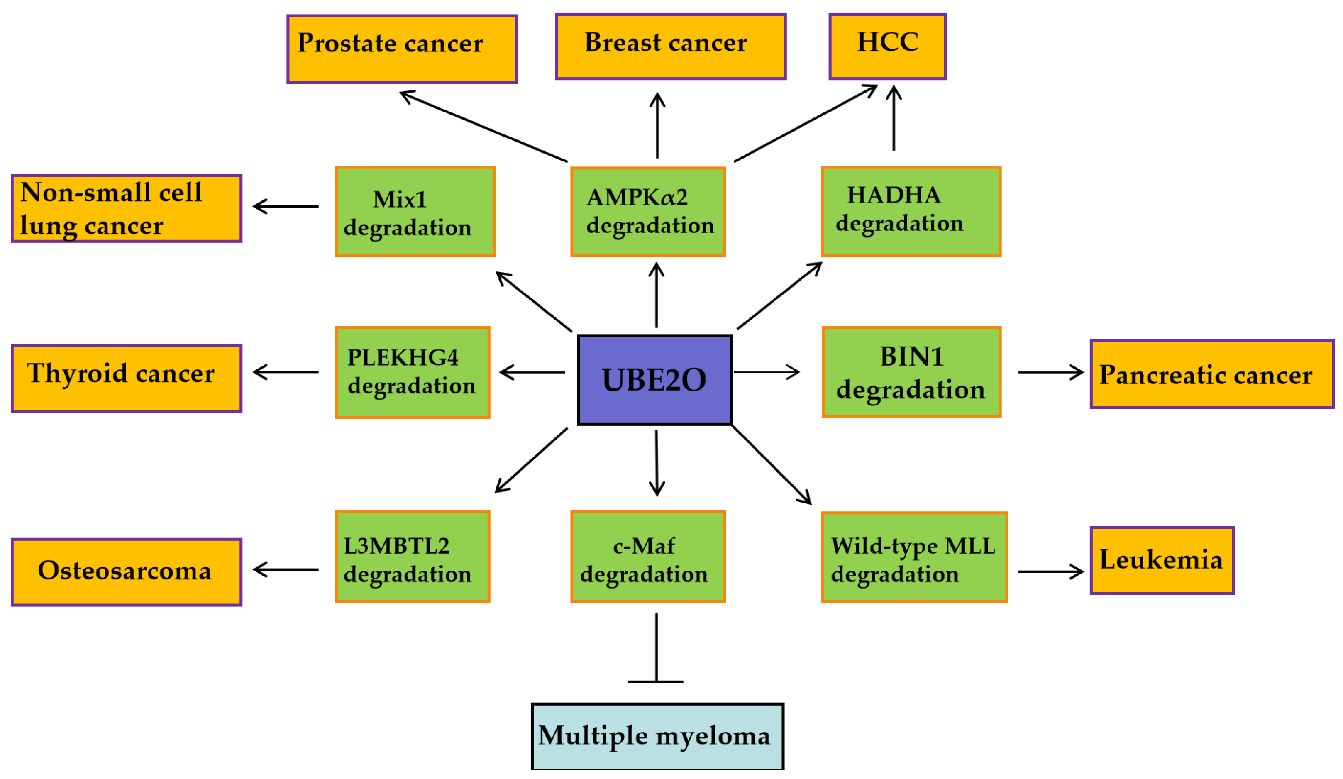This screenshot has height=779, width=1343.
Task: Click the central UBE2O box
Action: [654, 380]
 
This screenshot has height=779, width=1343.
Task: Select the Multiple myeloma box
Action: [657, 736]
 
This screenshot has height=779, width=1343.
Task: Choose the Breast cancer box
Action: [670, 46]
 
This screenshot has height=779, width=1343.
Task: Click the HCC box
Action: [887, 46]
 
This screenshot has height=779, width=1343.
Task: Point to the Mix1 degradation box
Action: [415, 212]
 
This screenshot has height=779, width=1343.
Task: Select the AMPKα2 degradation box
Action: [647, 212]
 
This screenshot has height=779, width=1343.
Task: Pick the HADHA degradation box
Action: [911, 212]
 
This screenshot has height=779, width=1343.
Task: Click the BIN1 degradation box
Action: [911, 372]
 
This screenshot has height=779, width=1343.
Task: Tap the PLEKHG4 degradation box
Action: [412, 372]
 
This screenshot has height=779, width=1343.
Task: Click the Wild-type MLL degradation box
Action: [914, 557]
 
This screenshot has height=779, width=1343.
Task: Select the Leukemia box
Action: [1162, 560]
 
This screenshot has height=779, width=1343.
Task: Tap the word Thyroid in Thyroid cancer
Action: [77, 373]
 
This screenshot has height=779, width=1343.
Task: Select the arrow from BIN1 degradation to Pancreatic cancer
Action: [1050, 372]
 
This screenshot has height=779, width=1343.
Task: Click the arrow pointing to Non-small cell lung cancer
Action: [286, 206]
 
